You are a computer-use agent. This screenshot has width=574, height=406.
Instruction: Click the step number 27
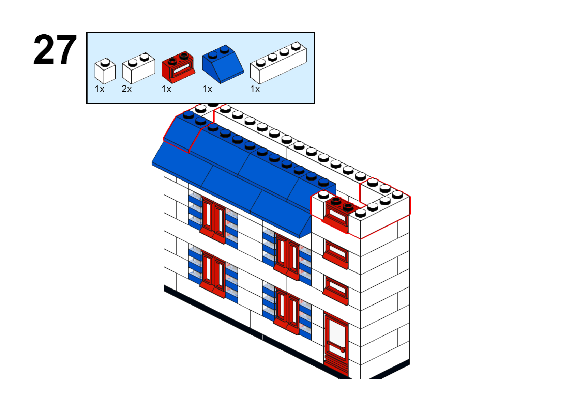55,49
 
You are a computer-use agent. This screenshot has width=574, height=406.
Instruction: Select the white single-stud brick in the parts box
105,71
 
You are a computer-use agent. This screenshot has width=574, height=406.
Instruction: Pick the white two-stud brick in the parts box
138,68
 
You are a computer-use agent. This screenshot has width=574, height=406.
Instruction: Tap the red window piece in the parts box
178,67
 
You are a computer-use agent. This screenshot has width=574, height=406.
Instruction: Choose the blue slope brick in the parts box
223,64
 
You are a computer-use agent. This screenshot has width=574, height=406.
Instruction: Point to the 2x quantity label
126,89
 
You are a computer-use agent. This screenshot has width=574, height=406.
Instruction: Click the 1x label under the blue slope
207,89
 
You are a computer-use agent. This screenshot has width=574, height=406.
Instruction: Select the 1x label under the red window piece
166,89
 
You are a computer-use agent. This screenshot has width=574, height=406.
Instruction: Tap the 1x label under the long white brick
255,89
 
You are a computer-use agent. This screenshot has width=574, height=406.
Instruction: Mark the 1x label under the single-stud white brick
100,89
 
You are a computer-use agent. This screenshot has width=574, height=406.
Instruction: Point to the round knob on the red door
343,350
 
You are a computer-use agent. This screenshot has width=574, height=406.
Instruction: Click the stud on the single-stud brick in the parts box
105,62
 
